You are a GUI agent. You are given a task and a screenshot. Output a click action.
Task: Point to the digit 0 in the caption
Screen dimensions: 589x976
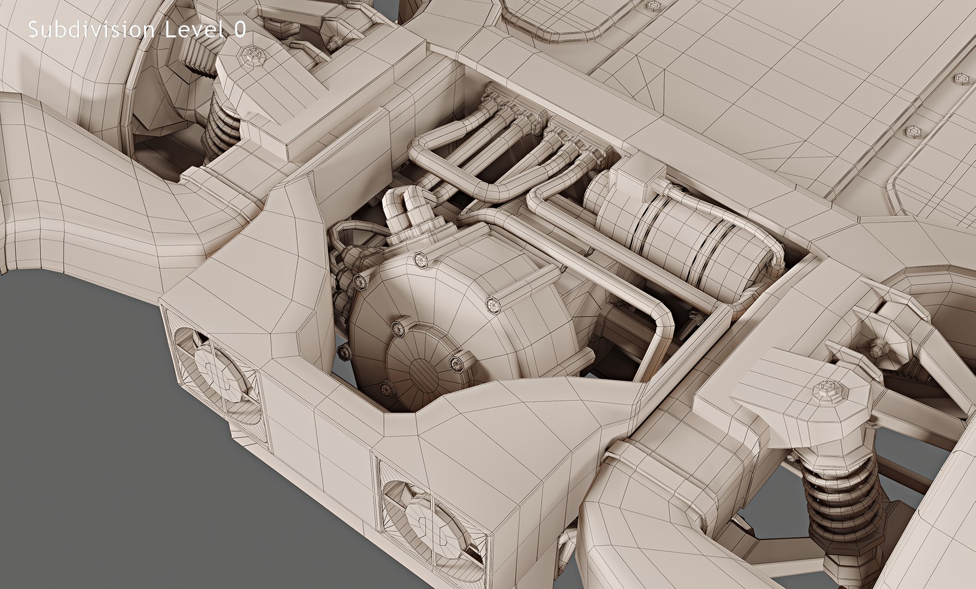pos(240,31)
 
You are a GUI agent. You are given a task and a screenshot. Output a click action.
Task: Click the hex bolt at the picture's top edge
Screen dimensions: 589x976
pos(653,6)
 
